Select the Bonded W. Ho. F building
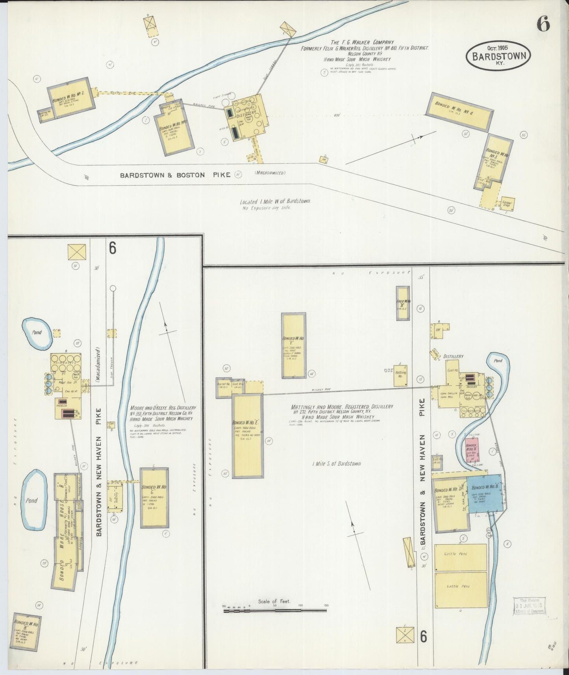pyautogui.click(x=294, y=345)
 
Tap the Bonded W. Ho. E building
pyautogui.click(x=247, y=436)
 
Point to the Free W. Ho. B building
pyautogui.click(x=403, y=303)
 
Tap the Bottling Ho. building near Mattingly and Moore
pyautogui.click(x=400, y=375)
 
